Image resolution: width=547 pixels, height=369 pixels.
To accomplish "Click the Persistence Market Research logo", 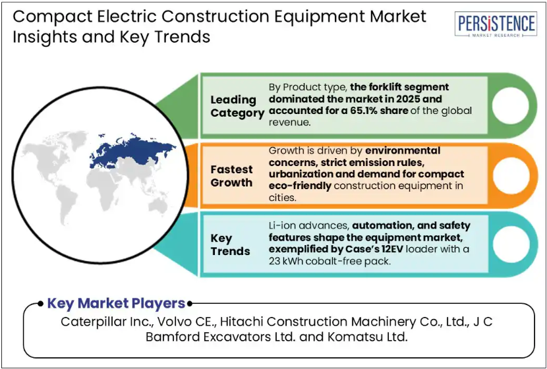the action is [x=496, y=24].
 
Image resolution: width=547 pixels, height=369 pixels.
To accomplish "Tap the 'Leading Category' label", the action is [x=237, y=106].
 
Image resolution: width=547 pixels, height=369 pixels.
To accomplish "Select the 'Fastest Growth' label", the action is [x=231, y=176].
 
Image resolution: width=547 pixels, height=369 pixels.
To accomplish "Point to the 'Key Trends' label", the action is [x=230, y=244].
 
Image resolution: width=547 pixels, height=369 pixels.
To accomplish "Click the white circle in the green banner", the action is [x=510, y=105].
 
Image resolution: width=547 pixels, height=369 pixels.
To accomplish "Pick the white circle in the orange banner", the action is [x=510, y=175].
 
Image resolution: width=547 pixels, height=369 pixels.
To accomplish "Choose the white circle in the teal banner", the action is [x=510, y=244].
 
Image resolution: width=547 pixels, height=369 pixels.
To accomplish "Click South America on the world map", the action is [x=67, y=202].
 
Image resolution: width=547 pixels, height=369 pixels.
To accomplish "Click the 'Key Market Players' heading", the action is [x=116, y=303].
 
